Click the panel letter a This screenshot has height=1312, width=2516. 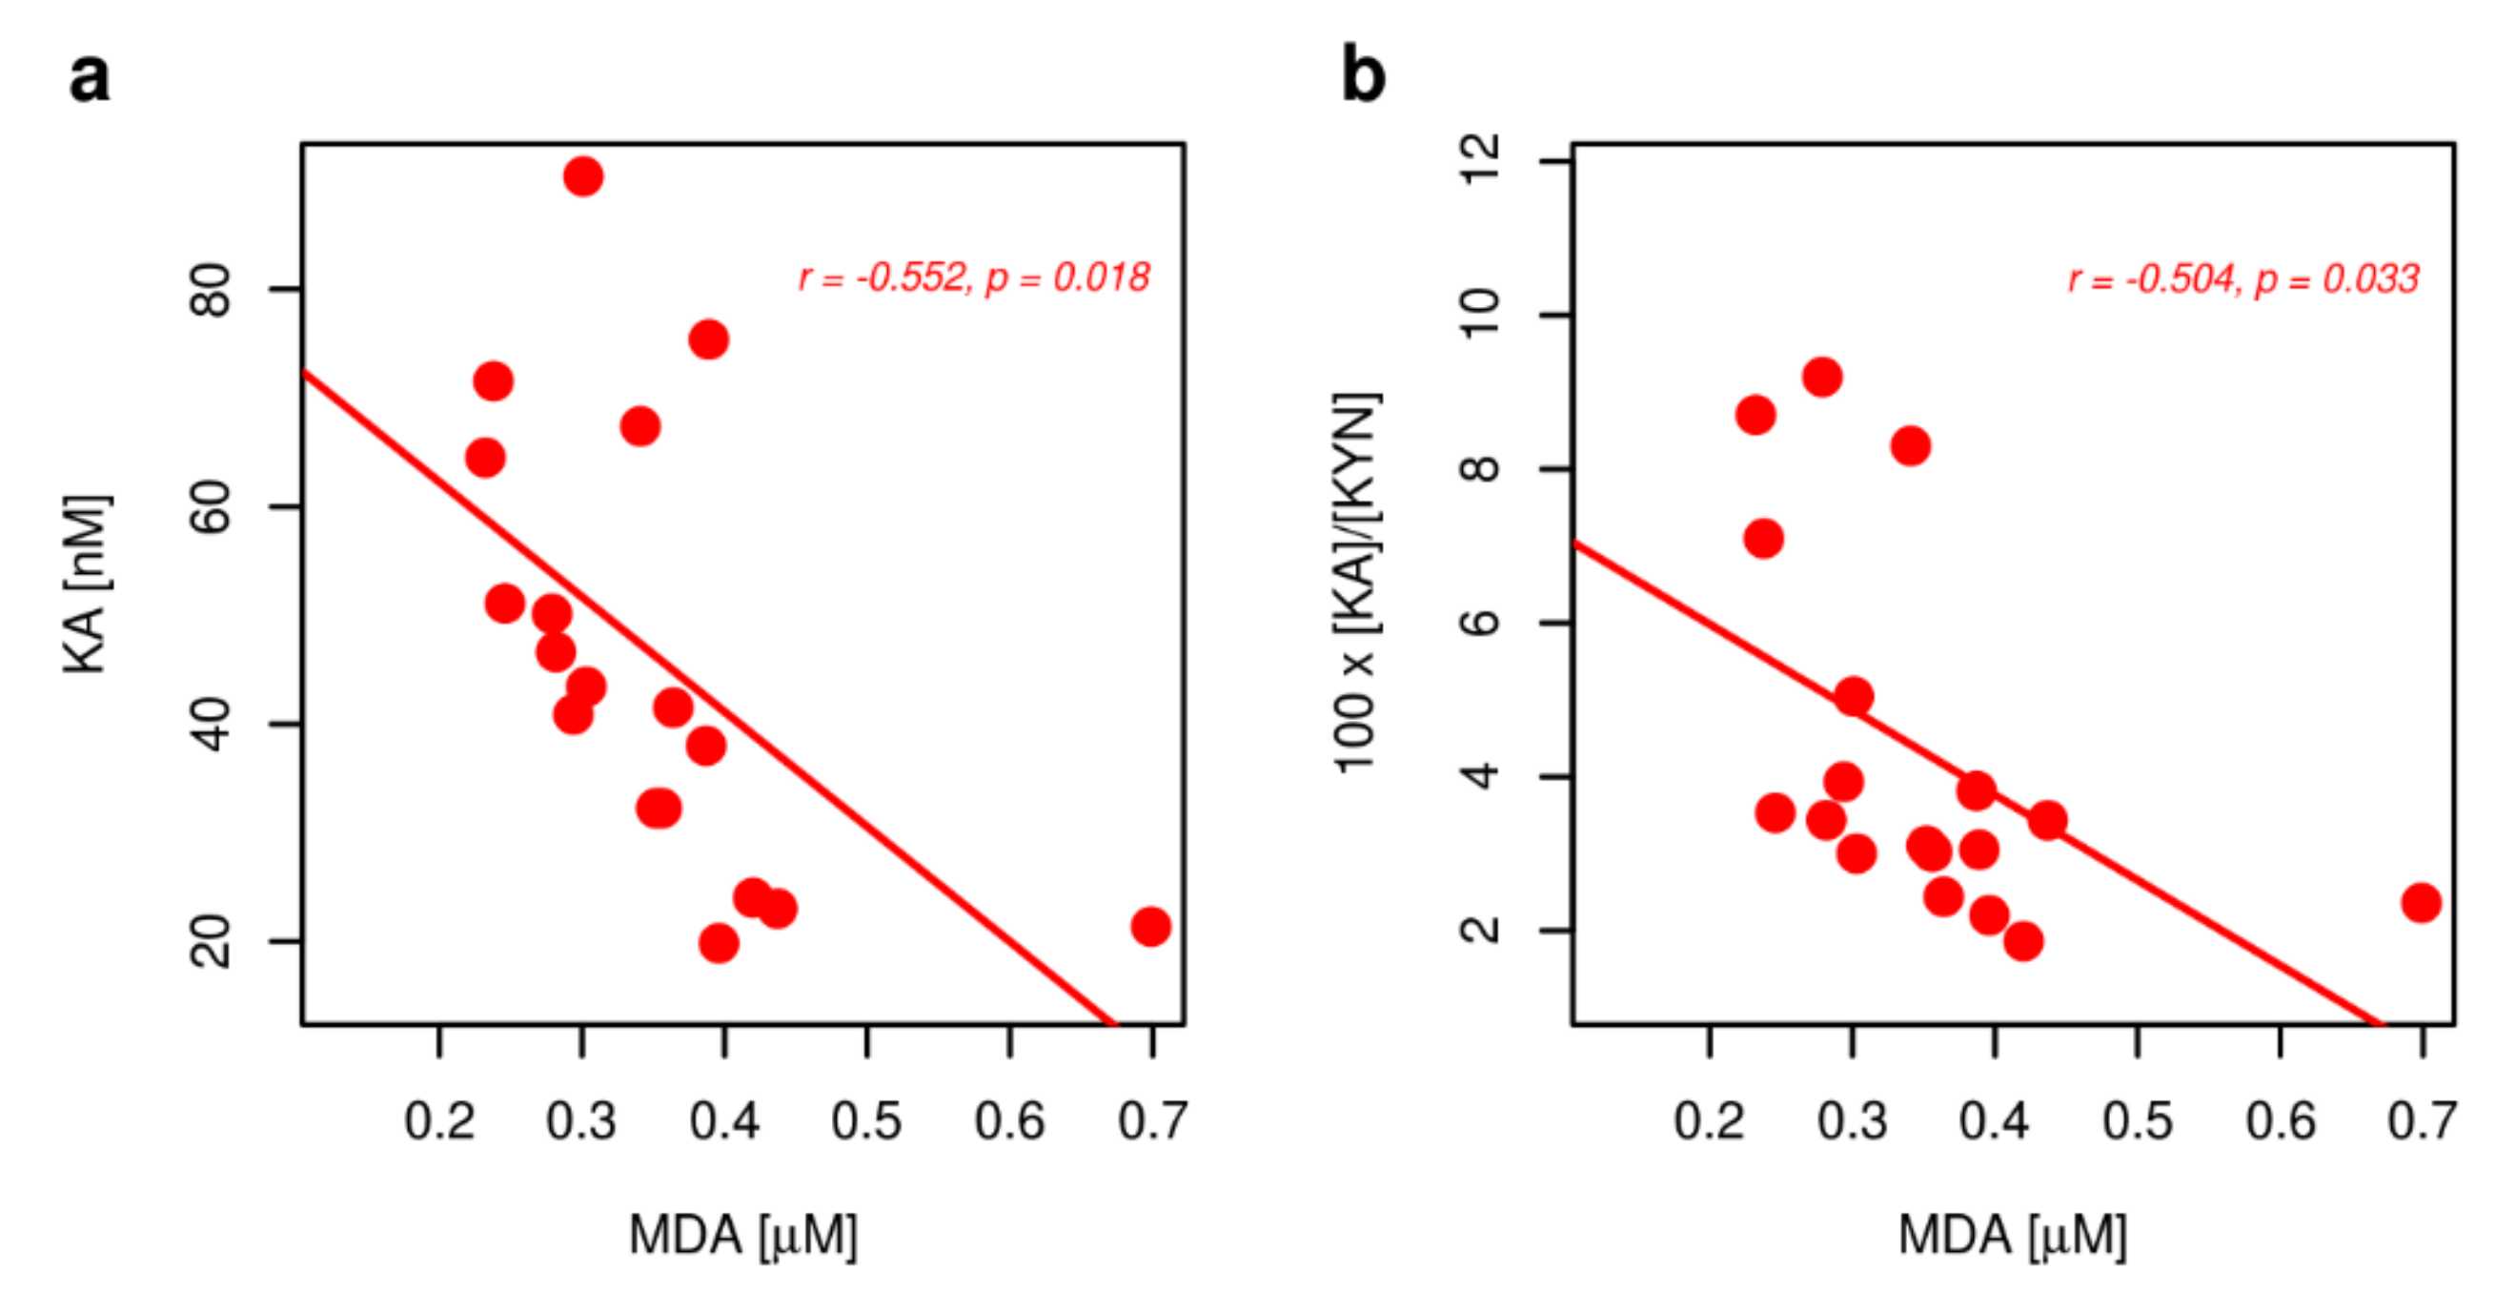pyautogui.click(x=89, y=78)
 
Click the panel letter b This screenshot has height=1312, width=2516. pyautogui.click(x=1363, y=76)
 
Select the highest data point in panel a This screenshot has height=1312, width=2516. pyautogui.click(x=583, y=176)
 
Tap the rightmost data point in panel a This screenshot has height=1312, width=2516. pyautogui.click(x=1150, y=926)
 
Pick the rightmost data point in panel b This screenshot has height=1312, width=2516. pyautogui.click(x=2422, y=903)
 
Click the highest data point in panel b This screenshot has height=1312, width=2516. pyautogui.click(x=1822, y=377)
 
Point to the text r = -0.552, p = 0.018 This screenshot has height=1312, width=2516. pyautogui.click(x=974, y=278)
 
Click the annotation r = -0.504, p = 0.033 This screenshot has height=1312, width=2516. pyautogui.click(x=2243, y=279)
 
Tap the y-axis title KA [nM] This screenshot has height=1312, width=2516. pyautogui.click(x=86, y=584)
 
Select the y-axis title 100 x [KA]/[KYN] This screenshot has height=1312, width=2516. pyautogui.click(x=1357, y=584)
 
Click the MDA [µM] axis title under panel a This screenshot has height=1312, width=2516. pyautogui.click(x=742, y=1235)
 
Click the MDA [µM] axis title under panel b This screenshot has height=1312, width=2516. pyautogui.click(x=2012, y=1235)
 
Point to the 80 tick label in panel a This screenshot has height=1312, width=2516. pyautogui.click(x=212, y=289)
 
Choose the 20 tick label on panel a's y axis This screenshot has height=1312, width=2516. pyautogui.click(x=212, y=941)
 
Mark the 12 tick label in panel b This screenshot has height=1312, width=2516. pyautogui.click(x=1481, y=160)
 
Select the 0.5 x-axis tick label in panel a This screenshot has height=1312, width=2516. pyautogui.click(x=866, y=1120)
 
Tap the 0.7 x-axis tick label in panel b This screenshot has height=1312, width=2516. pyautogui.click(x=2423, y=1120)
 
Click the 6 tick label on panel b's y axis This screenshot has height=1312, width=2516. pyautogui.click(x=1481, y=623)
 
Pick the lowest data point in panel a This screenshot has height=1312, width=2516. pyautogui.click(x=719, y=944)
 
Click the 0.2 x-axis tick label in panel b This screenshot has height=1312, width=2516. pyautogui.click(x=1709, y=1120)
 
